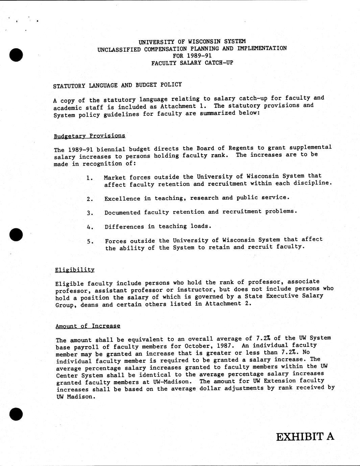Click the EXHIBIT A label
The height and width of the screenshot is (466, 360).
point(305,437)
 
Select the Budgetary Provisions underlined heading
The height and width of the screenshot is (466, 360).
point(89,136)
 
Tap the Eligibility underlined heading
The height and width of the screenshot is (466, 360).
point(75,269)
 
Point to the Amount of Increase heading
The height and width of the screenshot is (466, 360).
point(88,326)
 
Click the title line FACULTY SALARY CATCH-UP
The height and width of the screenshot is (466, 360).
point(192,62)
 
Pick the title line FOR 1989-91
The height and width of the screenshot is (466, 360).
point(192,55)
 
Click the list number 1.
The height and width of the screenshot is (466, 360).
point(89,178)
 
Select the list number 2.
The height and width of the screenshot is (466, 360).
point(90,199)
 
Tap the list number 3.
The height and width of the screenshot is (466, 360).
point(90,213)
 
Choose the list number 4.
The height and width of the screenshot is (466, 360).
point(90,227)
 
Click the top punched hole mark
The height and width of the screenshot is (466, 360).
point(16,54)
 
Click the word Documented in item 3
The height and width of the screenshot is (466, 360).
point(122,212)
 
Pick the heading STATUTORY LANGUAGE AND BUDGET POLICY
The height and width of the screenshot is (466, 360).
point(117,85)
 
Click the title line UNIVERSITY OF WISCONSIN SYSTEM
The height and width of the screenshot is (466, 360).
point(192,42)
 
